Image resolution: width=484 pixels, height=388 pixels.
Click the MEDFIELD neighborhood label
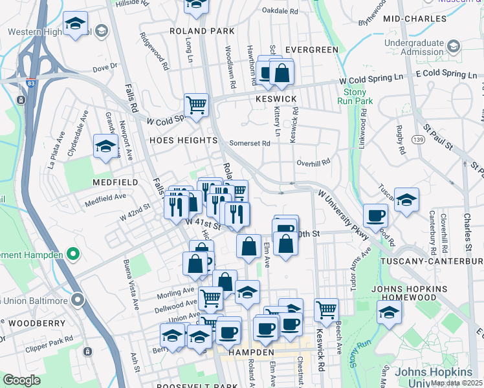point(115,182)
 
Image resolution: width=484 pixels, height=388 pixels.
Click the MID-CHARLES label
point(415,19)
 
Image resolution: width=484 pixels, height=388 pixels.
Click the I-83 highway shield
point(31,83)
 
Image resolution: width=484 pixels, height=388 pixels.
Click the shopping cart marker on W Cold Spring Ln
point(196,103)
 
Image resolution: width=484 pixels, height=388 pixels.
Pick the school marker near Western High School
point(76,25)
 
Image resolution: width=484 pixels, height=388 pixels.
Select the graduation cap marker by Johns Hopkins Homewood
point(389,312)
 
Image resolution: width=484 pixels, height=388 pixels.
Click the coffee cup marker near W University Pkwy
point(375,215)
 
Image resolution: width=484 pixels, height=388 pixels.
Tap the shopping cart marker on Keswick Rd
point(327,309)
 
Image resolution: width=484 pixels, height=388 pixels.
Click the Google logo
point(22,380)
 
